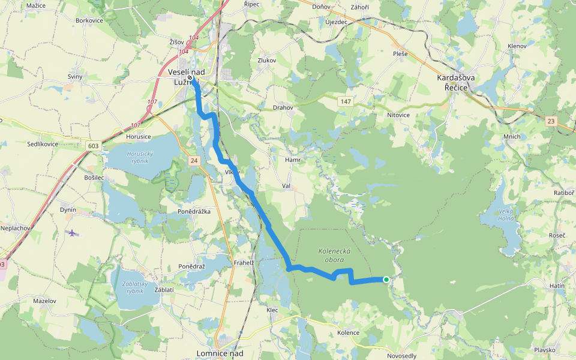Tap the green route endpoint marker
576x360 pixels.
click(x=386, y=279)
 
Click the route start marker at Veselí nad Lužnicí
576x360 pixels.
click(x=190, y=78)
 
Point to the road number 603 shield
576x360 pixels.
click(x=92, y=146)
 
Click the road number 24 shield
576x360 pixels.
click(x=193, y=161)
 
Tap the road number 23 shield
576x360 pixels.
click(x=551, y=121)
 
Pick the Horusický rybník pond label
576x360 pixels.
click(x=140, y=157)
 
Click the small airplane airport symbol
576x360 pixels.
click(x=73, y=232)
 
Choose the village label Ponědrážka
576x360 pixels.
click(x=193, y=211)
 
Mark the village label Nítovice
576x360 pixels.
click(x=398, y=115)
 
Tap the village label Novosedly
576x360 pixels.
click(x=402, y=356)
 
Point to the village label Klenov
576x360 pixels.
click(x=517, y=46)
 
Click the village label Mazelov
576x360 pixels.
click(x=44, y=301)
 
